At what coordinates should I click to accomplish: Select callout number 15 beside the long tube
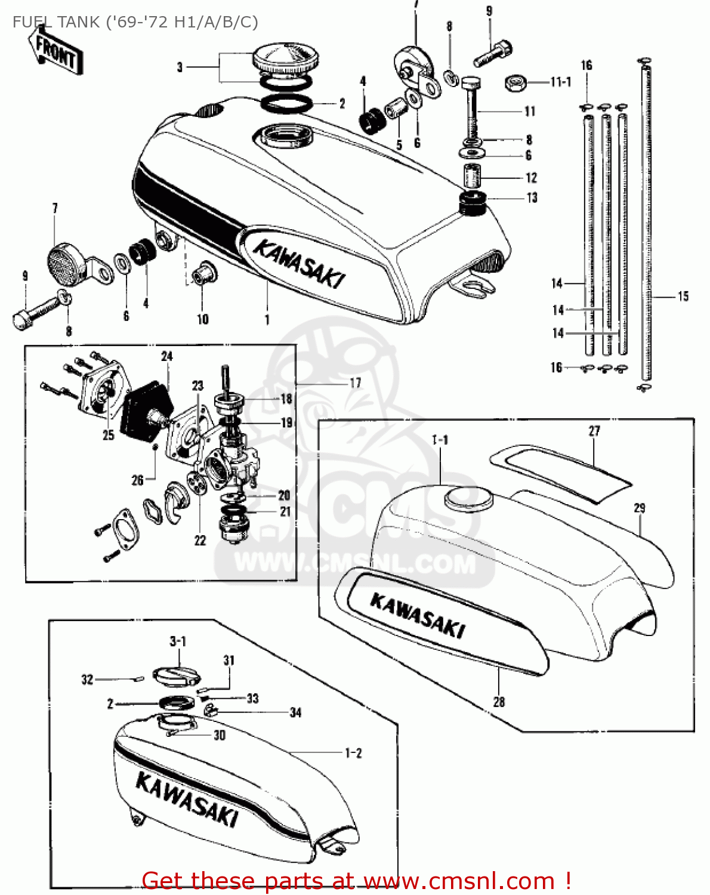pyautogui.click(x=683, y=296)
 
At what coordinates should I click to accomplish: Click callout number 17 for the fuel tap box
pyautogui.click(x=356, y=383)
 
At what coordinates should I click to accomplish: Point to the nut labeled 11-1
pyautogui.click(x=515, y=82)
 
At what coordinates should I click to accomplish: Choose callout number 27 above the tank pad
pyautogui.click(x=594, y=431)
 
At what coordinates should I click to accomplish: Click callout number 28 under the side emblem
pyautogui.click(x=499, y=702)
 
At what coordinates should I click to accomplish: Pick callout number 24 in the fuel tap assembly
pyautogui.click(x=167, y=356)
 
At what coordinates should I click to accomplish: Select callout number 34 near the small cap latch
pyautogui.click(x=296, y=712)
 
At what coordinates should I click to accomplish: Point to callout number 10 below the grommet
pyautogui.click(x=203, y=319)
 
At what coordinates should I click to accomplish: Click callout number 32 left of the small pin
pyautogui.click(x=87, y=679)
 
